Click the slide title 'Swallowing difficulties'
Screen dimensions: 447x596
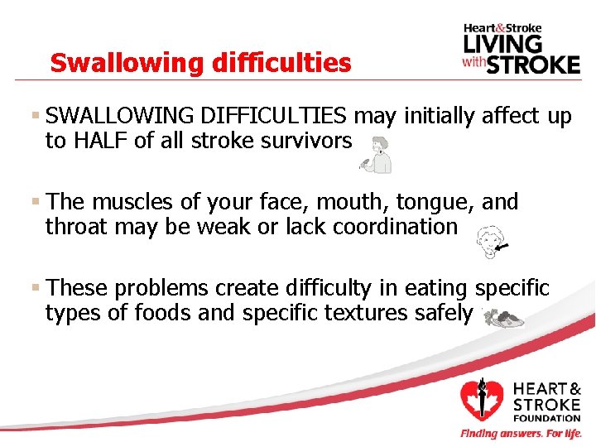click(x=200, y=62)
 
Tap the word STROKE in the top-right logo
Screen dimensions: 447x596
click(x=532, y=64)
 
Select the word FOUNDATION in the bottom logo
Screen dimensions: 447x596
click(x=546, y=418)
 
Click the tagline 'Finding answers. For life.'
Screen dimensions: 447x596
click(x=521, y=434)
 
